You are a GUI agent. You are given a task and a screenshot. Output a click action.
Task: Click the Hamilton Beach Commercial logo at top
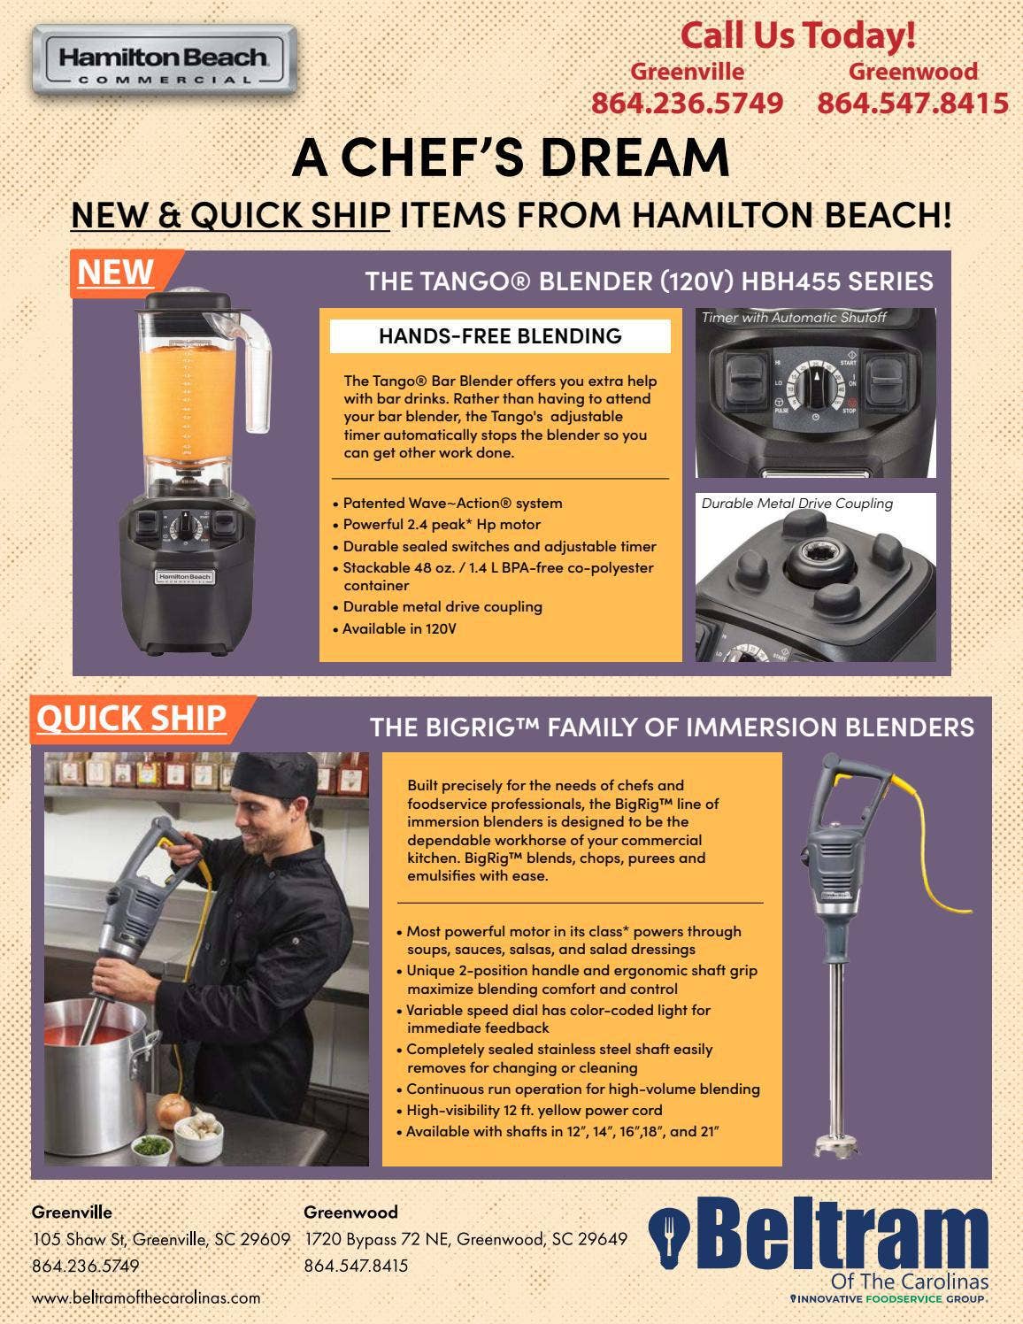pyautogui.click(x=163, y=60)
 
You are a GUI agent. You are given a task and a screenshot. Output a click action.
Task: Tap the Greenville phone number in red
pyautogui.click(x=687, y=103)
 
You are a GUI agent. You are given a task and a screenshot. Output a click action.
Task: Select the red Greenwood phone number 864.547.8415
pyautogui.click(x=912, y=103)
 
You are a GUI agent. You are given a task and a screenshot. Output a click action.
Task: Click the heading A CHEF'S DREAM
pyautogui.click(x=511, y=157)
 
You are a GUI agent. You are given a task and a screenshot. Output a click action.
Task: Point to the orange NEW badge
pyautogui.click(x=115, y=273)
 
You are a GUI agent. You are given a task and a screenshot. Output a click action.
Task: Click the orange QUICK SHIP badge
pyautogui.click(x=131, y=718)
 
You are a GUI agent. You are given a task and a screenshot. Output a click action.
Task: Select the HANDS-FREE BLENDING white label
pyautogui.click(x=500, y=336)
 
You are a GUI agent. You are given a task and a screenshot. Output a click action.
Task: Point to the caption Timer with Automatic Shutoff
pyautogui.click(x=793, y=318)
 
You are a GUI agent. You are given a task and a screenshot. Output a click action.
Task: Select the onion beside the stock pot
pyautogui.click(x=173, y=1106)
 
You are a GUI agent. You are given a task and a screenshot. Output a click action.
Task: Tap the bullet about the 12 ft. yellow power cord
pyautogui.click(x=534, y=1110)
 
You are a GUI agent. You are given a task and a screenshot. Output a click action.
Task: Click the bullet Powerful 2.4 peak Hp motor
pyautogui.click(x=441, y=524)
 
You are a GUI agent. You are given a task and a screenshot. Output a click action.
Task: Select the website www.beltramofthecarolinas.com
pyautogui.click(x=146, y=1297)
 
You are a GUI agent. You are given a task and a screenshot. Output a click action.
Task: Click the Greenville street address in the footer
pyautogui.click(x=161, y=1239)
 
